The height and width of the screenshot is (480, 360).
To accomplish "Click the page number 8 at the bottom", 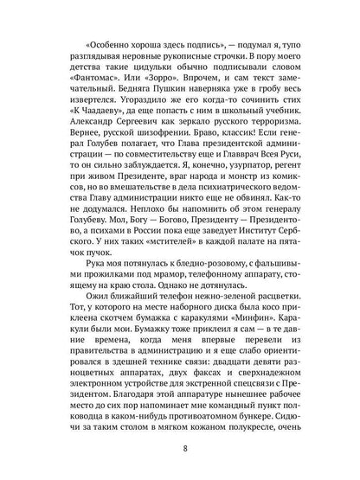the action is click(180, 447).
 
